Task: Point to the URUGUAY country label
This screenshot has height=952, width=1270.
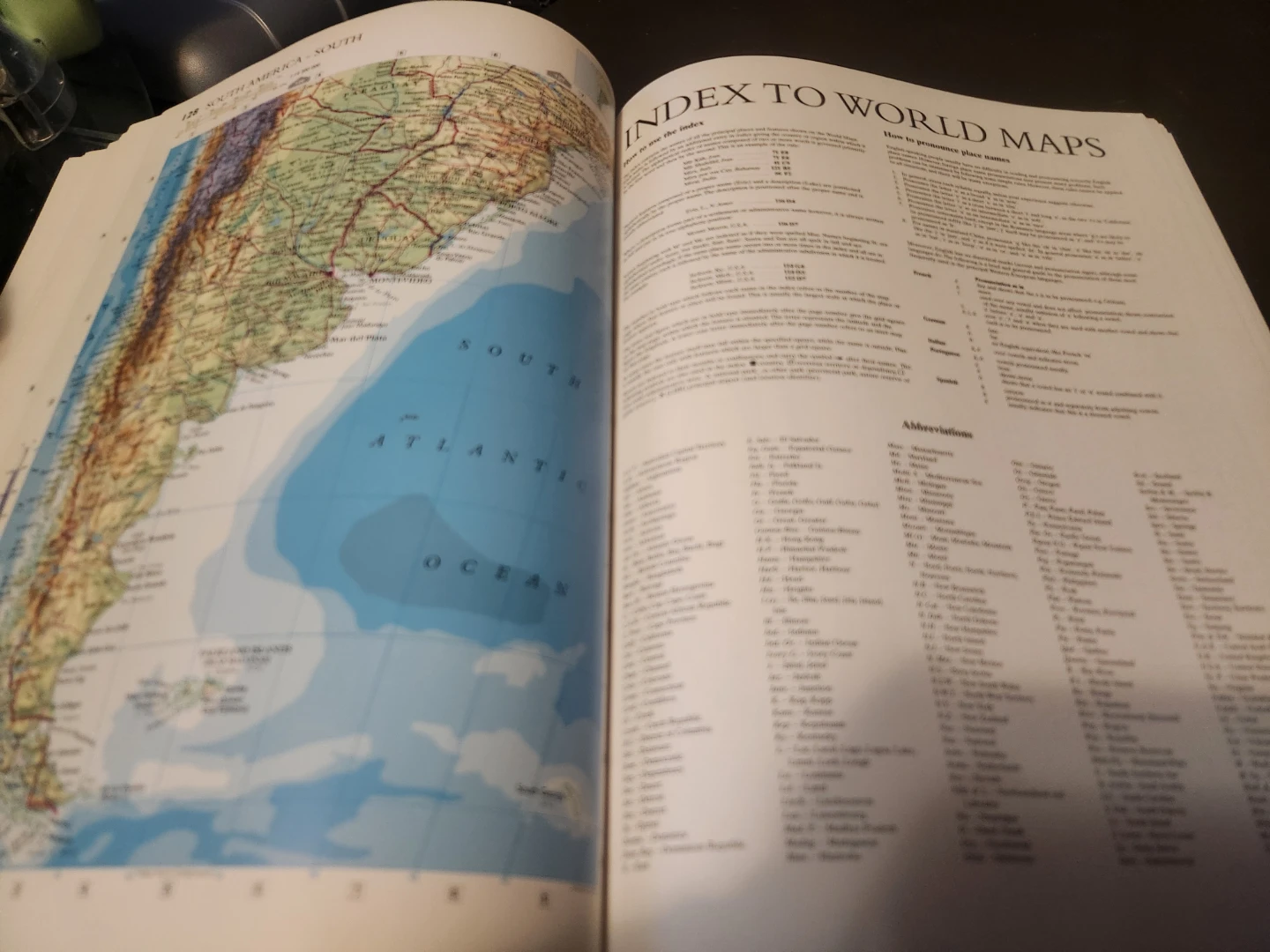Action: tap(405, 240)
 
